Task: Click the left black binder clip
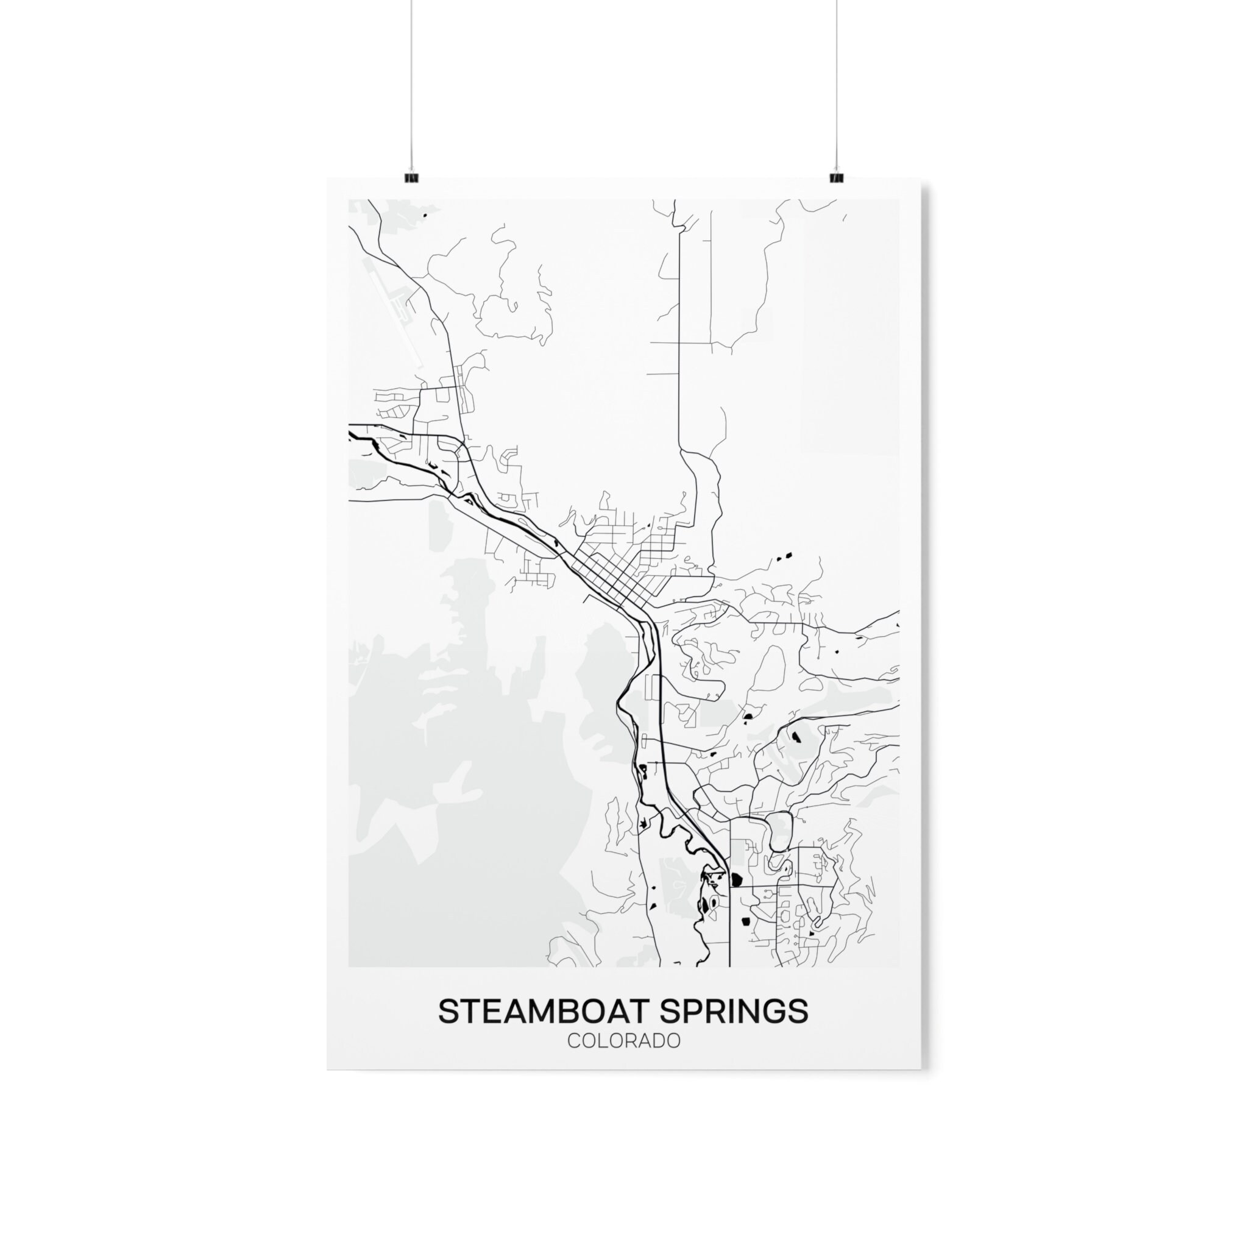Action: point(410,176)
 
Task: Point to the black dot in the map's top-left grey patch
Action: point(425,215)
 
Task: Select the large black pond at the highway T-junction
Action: point(736,879)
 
